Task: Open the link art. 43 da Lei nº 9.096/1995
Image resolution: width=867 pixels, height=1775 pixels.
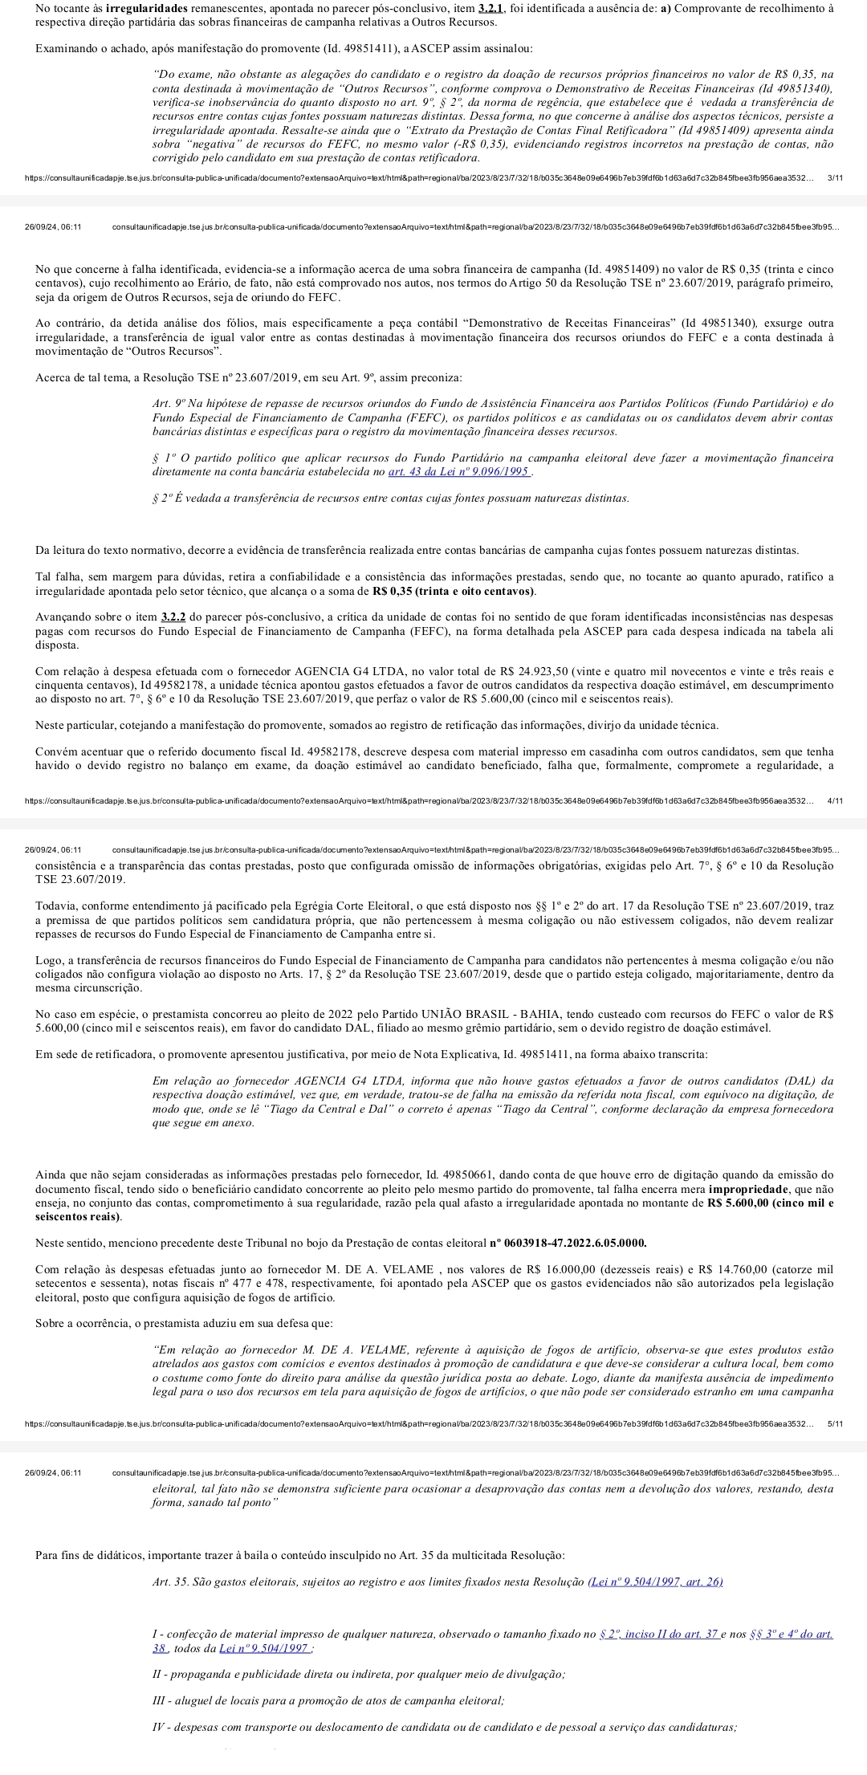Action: [x=458, y=471]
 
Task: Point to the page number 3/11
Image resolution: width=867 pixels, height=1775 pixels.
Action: [x=834, y=177]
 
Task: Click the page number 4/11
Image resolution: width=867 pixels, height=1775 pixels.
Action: [x=834, y=800]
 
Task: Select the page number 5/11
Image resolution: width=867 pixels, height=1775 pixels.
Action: [x=834, y=1423]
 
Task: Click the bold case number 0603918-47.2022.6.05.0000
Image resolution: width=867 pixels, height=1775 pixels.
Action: [x=568, y=1244]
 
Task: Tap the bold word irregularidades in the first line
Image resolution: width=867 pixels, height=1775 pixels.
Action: [x=144, y=7]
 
